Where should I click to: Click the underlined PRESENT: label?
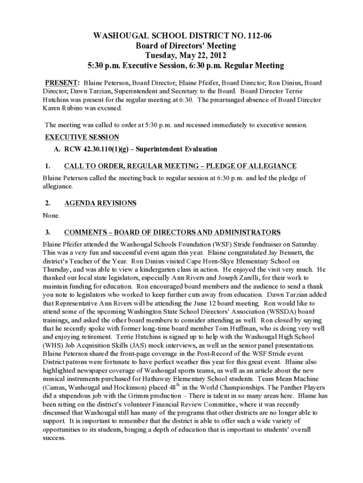tap(62, 83)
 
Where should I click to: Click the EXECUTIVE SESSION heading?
tap(82, 137)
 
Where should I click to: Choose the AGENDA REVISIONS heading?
tap(100, 203)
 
